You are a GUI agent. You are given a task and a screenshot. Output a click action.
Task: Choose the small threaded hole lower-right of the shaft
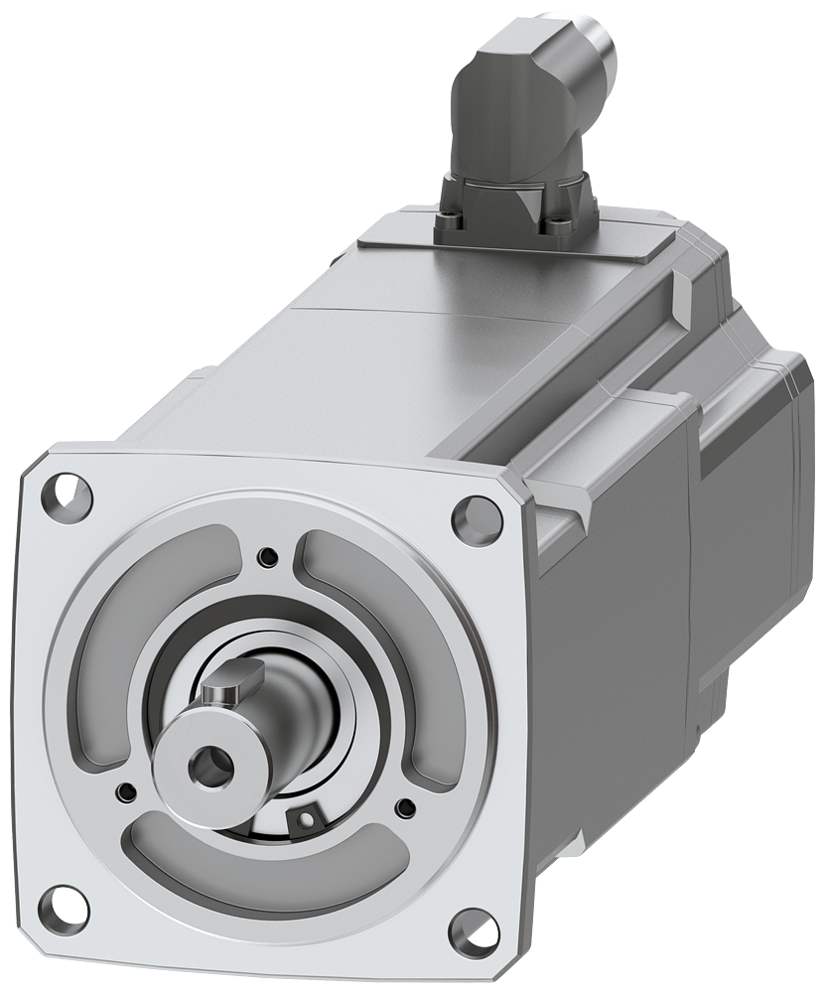404,805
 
